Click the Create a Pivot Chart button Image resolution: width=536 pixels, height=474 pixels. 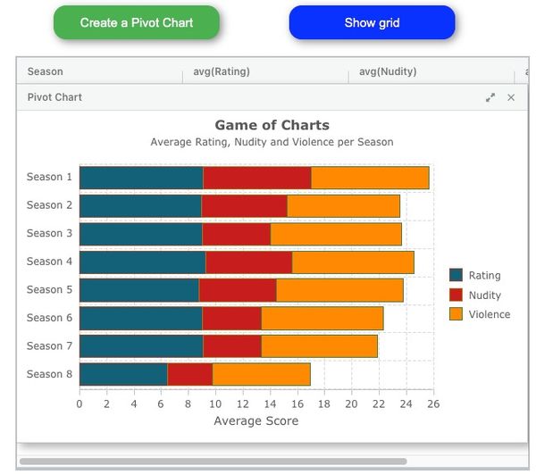[136, 22]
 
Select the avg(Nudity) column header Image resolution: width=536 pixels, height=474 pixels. [388, 71]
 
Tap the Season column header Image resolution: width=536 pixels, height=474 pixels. [46, 71]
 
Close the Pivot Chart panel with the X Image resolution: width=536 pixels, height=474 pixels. [511, 97]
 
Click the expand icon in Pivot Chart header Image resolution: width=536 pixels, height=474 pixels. [490, 97]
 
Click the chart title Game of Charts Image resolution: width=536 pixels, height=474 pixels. [272, 126]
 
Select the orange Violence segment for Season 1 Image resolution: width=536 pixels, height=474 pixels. [370, 178]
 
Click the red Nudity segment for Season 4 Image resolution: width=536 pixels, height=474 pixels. [248, 262]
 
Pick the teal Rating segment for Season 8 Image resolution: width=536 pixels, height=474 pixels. [123, 375]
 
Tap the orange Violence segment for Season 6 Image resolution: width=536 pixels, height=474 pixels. [322, 319]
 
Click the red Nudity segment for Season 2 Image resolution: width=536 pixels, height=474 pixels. [244, 206]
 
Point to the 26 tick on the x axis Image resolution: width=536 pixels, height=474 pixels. [433, 403]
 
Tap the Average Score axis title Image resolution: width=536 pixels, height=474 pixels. [256, 421]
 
